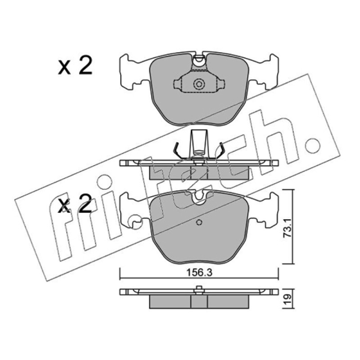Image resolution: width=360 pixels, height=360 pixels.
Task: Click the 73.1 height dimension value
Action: pyautogui.click(x=287, y=228)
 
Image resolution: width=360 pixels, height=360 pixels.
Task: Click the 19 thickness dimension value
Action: pyautogui.click(x=288, y=299)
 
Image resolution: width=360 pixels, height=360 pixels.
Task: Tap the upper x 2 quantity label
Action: pyautogui.click(x=75, y=65)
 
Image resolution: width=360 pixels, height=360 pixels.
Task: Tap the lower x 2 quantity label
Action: pyautogui.click(x=75, y=203)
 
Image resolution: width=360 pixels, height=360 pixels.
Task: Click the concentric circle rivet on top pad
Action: pyautogui.click(x=199, y=84)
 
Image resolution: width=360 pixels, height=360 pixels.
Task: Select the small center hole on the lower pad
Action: pyautogui.click(x=199, y=222)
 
